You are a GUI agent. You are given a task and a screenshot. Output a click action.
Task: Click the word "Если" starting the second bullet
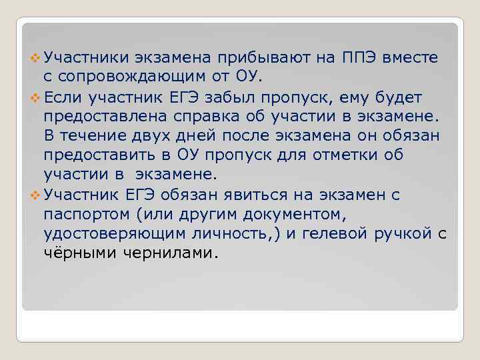pyautogui.click(x=63, y=98)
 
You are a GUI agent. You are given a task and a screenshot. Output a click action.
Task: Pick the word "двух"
pyautogui.click(x=163, y=137)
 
